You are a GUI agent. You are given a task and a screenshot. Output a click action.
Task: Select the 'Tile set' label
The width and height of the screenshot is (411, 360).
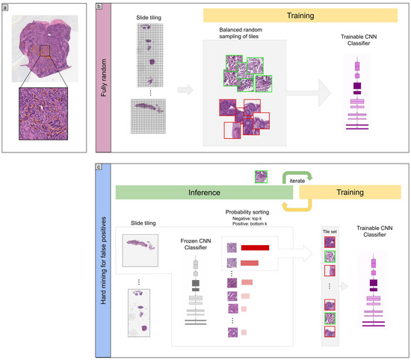(x=330, y=232)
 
